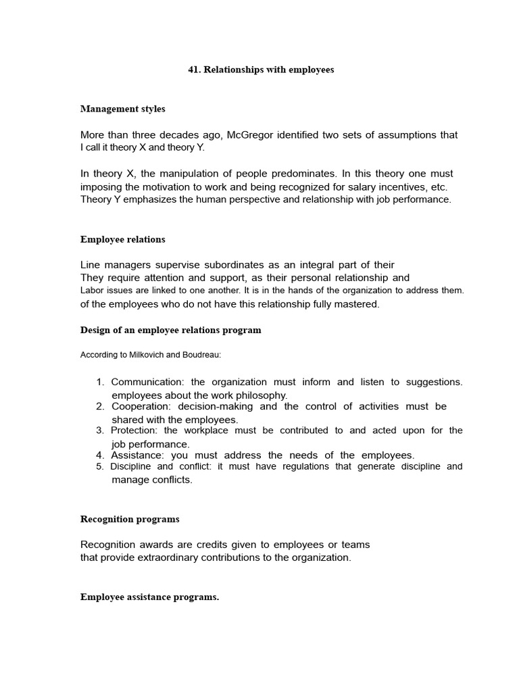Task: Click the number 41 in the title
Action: pos(193,70)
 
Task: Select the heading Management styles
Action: pos(122,109)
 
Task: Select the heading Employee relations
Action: pos(122,239)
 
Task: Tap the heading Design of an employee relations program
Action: pos(170,330)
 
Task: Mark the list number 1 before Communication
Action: pos(100,382)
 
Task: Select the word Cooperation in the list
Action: pos(141,406)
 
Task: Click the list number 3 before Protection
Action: pos(100,430)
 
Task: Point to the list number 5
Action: pos(100,466)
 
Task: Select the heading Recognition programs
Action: pos(130,519)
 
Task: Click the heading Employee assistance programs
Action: pos(149,597)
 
